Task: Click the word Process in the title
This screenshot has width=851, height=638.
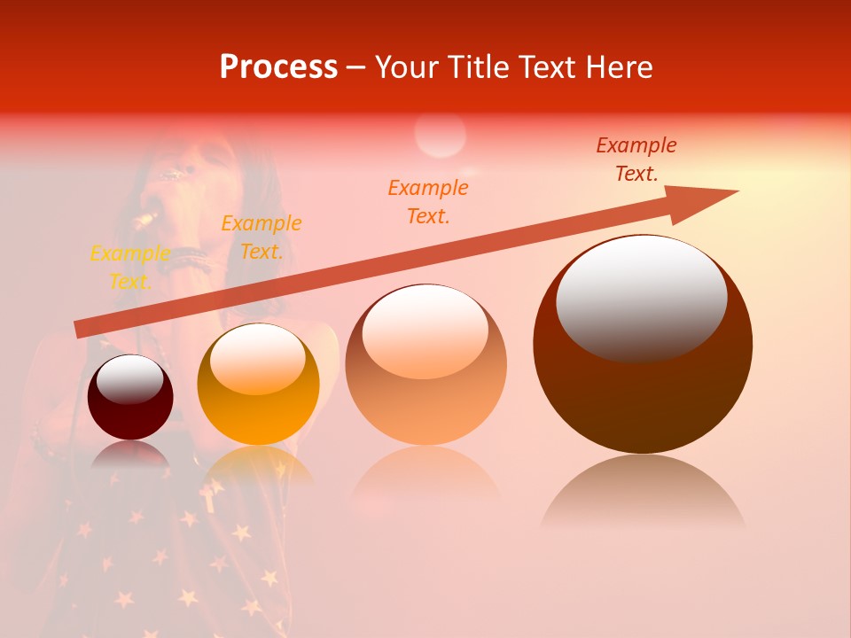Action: tap(278, 67)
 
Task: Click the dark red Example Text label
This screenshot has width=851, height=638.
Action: tap(636, 159)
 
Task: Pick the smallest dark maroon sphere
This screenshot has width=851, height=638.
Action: tap(130, 397)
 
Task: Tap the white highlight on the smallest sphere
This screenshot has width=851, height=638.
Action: tap(129, 379)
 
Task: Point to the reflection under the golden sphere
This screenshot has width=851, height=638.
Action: tap(257, 465)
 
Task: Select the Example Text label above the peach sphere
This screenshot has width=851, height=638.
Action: tap(428, 202)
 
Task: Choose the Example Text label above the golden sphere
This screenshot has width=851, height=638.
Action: tap(262, 237)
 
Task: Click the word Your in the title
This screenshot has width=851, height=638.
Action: tap(410, 67)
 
